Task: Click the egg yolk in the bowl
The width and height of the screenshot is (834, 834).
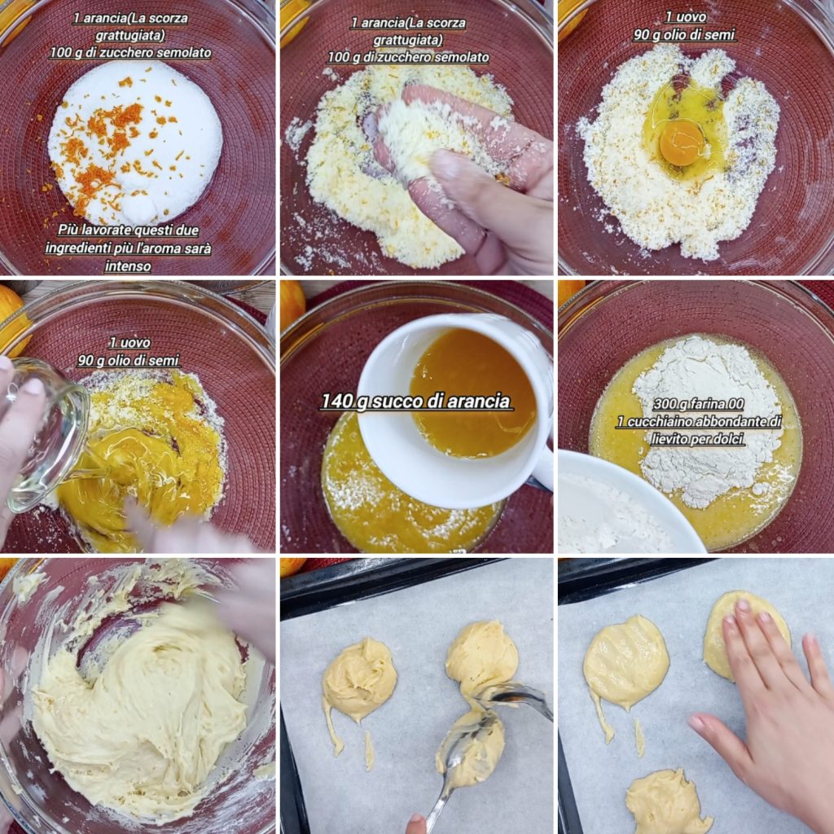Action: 682,143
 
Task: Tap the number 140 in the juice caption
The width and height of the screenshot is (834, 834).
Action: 337,402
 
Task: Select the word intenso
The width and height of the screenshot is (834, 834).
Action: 128,266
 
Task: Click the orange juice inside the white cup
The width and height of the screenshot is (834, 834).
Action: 472,393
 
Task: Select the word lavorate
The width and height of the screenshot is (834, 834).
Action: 108,230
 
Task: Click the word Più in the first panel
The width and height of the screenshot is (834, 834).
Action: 68,230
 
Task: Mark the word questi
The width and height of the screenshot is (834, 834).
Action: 160,230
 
